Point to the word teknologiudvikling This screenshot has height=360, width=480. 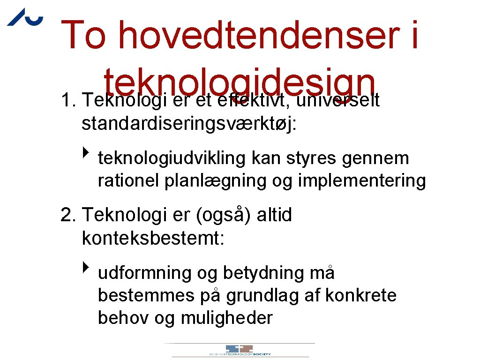[171, 158]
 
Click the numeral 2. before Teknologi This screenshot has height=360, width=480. [69, 216]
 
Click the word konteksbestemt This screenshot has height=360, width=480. [153, 238]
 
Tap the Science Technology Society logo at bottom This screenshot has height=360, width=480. [240, 350]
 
